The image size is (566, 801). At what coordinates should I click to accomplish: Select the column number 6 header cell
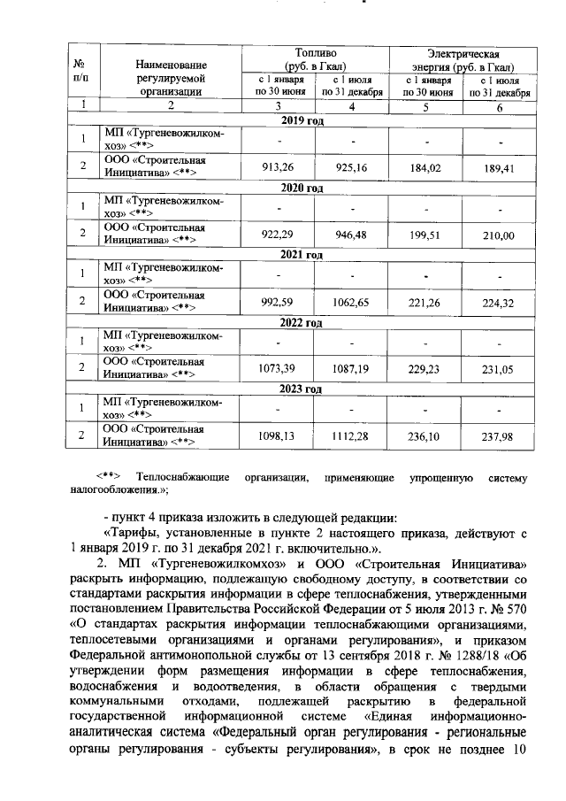pos(500,107)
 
